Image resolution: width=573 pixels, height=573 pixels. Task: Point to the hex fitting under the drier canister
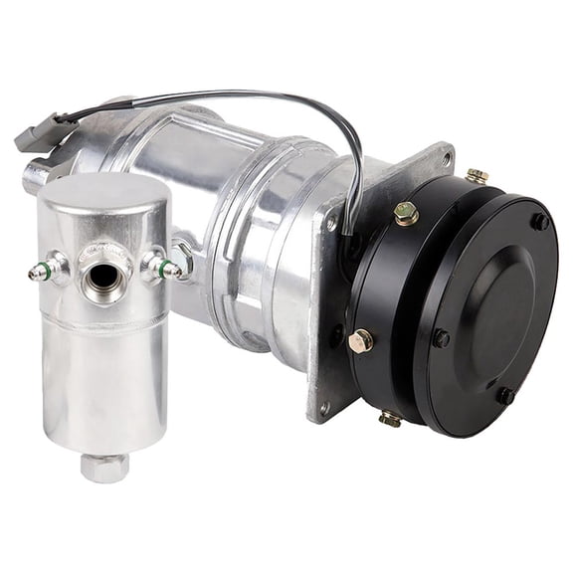pos(104,465)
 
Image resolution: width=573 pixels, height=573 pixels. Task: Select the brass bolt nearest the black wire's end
pos(405,212)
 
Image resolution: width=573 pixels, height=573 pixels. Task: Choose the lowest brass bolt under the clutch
pos(390,418)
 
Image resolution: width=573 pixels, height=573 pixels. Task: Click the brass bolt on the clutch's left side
pos(360,340)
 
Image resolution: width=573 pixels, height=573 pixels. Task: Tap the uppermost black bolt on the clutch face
pos(539,222)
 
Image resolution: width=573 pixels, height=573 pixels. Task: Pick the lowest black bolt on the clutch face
pos(505,395)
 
